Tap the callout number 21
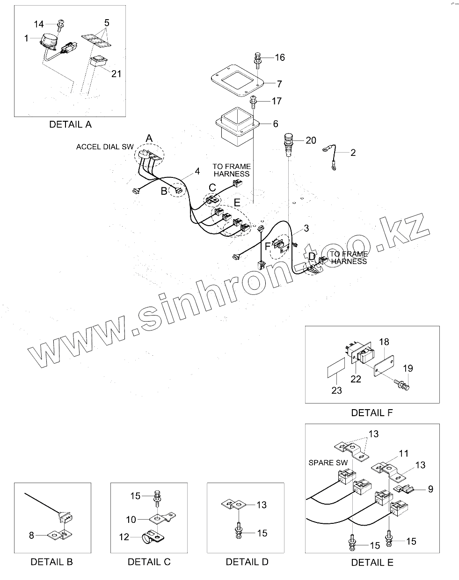[x=116, y=73]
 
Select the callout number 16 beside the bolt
[x=280, y=58]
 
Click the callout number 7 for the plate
[x=279, y=84]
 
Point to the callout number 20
[x=311, y=140]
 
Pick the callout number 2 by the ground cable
[x=353, y=153]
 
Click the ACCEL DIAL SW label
[x=105, y=147]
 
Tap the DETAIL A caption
[x=70, y=125]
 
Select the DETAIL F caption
[x=372, y=412]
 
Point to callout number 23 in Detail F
[x=337, y=390]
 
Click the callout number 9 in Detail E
[x=430, y=489]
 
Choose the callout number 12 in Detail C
[x=124, y=537]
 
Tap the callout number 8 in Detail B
[x=32, y=535]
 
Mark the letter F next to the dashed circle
[x=268, y=245]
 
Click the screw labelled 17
[x=255, y=101]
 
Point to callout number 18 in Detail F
[x=384, y=342]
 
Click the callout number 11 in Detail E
[x=403, y=453]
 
